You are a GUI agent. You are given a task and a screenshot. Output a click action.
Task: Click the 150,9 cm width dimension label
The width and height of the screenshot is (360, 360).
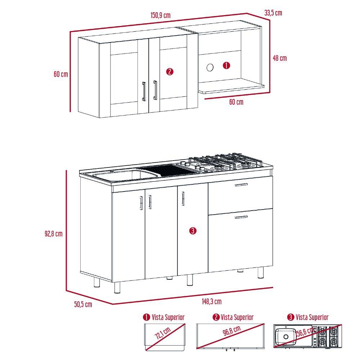tap(160, 15)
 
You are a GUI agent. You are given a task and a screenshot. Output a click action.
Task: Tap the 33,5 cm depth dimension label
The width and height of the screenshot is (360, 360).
tap(273, 13)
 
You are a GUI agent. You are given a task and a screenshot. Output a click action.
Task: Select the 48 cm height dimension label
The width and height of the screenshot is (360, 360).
tap(280, 58)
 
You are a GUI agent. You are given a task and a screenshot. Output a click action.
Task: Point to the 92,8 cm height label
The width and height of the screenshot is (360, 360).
tap(53, 233)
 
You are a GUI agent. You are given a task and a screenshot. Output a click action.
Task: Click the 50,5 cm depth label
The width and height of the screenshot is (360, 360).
tap(83, 304)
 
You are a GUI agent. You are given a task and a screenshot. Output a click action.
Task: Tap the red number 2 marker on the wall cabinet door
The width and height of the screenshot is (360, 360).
tap(170, 72)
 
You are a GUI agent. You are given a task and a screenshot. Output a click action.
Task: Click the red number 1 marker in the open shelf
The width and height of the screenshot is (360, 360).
tap(226, 66)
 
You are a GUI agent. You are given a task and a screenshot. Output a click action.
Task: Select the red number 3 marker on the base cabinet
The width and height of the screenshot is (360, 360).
tap(193, 231)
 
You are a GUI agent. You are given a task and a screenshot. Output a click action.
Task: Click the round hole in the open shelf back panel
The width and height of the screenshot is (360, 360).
tap(210, 67)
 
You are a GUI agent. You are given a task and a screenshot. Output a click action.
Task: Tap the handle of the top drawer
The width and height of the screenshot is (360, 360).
tap(241, 185)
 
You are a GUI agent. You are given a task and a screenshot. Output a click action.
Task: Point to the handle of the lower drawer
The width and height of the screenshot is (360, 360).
tap(241, 217)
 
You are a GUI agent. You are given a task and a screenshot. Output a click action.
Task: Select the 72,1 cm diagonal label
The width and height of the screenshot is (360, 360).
tap(162, 334)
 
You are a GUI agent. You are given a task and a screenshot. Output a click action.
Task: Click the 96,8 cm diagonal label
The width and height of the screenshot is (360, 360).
tap(231, 332)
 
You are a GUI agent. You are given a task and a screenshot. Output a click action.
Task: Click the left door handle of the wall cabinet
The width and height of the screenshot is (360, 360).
tap(144, 91)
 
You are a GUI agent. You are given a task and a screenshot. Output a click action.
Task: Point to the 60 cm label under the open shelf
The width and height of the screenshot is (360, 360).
tap(236, 102)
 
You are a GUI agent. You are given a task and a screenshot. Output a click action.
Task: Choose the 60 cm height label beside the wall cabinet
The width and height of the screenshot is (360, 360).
tap(61, 74)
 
